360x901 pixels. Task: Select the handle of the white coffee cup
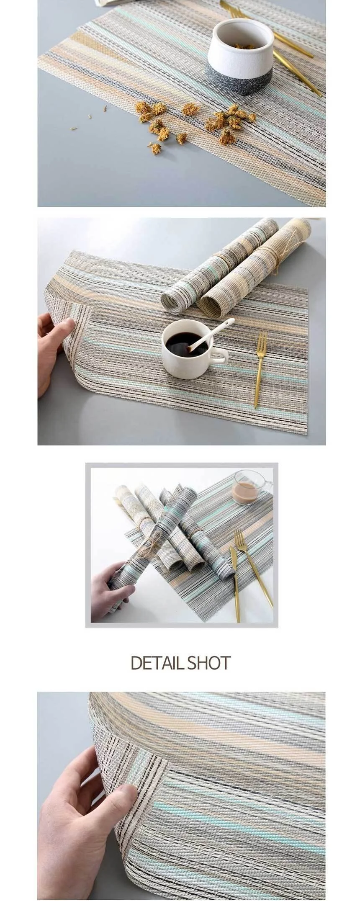[x=220, y=356]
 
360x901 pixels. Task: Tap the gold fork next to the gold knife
[x=254, y=567]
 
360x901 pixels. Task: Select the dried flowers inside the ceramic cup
[x=244, y=46]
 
